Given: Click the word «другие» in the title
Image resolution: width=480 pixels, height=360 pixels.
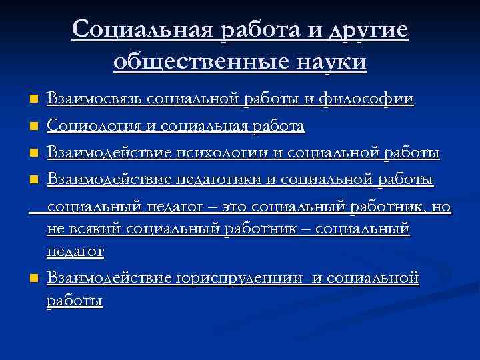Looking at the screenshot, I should click(367, 31).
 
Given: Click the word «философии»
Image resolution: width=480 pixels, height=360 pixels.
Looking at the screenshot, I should click(366, 99).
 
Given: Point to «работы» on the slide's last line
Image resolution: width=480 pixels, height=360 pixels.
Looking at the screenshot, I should click(75, 301).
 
